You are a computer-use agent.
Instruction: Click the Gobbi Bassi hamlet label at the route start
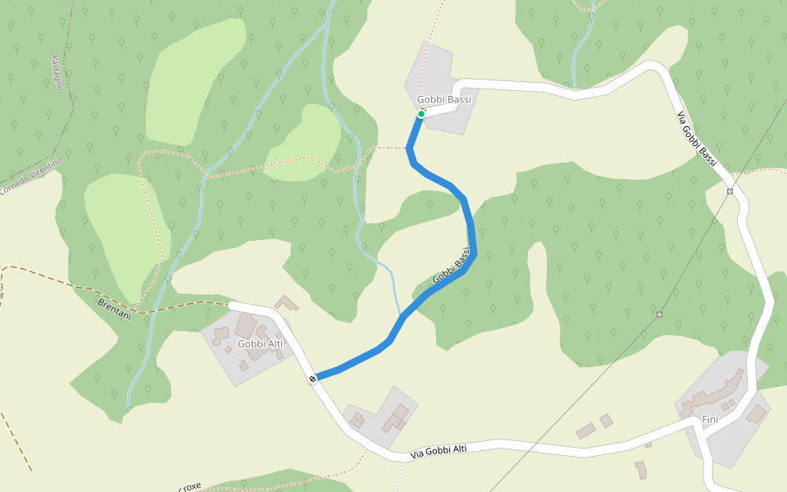444,100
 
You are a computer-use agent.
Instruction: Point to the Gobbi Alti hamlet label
260,344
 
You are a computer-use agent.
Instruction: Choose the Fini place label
710,420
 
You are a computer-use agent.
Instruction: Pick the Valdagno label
57,72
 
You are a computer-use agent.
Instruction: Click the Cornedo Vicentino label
31,176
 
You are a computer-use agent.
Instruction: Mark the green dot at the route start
421,114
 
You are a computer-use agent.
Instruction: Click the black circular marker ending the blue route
313,379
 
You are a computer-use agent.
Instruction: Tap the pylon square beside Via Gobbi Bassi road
730,192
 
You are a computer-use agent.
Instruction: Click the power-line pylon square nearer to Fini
659,314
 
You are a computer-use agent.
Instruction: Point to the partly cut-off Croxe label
188,486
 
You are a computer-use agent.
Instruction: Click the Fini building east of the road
756,415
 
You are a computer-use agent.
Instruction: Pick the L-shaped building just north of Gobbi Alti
287,303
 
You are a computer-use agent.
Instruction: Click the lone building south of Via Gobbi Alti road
641,469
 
